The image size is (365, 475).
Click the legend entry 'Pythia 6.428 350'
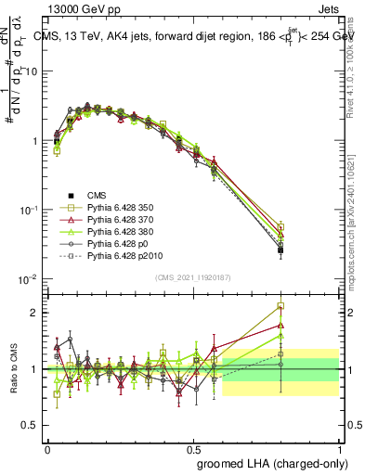point(124,210)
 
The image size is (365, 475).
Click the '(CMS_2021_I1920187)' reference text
point(192,276)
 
